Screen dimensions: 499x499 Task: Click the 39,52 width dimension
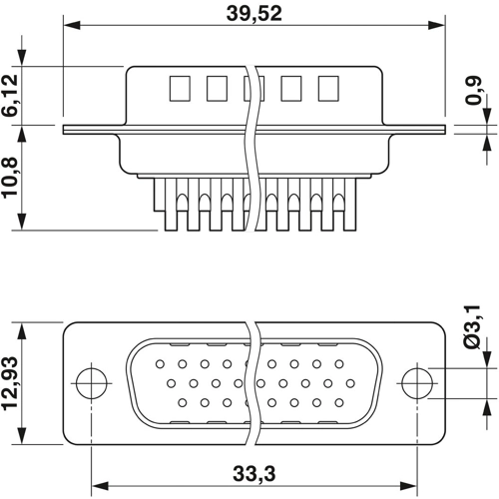point(252,13)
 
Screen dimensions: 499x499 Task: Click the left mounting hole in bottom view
point(91,381)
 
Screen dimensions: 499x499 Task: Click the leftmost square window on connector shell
point(180,89)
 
